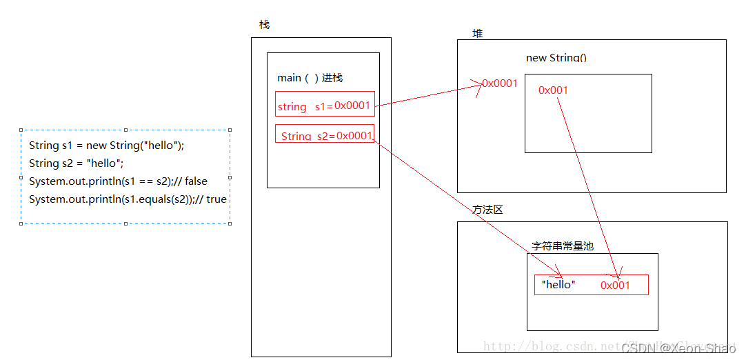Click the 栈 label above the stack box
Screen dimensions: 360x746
[264, 25]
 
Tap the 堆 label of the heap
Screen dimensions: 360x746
[477, 34]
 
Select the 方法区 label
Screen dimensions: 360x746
[487, 209]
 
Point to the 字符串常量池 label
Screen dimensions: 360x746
[562, 246]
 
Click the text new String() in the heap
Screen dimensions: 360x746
[556, 58]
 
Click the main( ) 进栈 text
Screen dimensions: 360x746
[310, 78]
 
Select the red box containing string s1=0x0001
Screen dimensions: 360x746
[325, 106]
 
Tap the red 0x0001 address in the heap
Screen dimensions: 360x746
[500, 83]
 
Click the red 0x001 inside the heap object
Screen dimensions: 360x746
[553, 90]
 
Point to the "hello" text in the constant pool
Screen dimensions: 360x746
[558, 284]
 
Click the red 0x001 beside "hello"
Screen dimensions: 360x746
[615, 285]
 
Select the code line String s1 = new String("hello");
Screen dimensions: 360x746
[107, 146]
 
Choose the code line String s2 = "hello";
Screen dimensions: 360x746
[76, 163]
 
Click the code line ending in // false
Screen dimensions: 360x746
[118, 181]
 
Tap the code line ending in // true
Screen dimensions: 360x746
[128, 199]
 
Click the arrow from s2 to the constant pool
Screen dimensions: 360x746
[469, 206]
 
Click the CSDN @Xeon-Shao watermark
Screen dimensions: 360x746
[678, 348]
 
